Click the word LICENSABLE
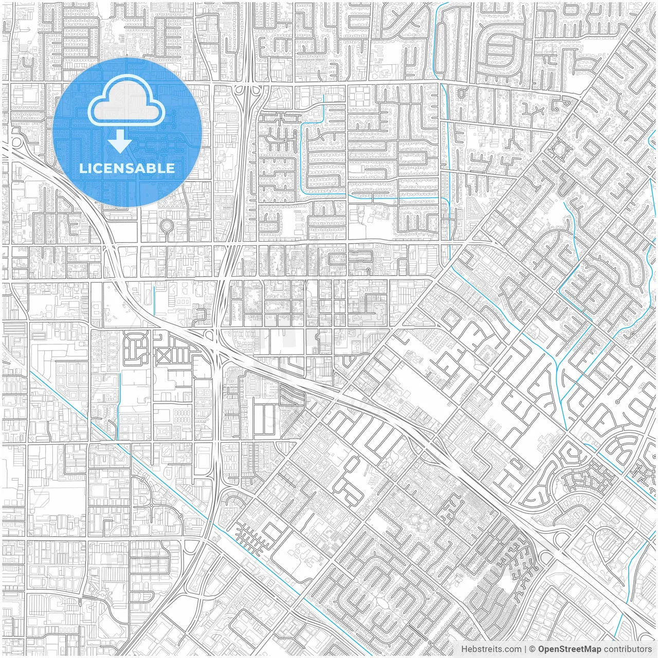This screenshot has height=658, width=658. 127,168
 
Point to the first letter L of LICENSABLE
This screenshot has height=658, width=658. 82,168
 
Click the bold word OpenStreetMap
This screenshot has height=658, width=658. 569,649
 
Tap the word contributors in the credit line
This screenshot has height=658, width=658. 627,649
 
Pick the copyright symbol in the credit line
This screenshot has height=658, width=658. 533,649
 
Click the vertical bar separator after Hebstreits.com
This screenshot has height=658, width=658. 525,649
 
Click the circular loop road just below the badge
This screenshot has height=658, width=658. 167,225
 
